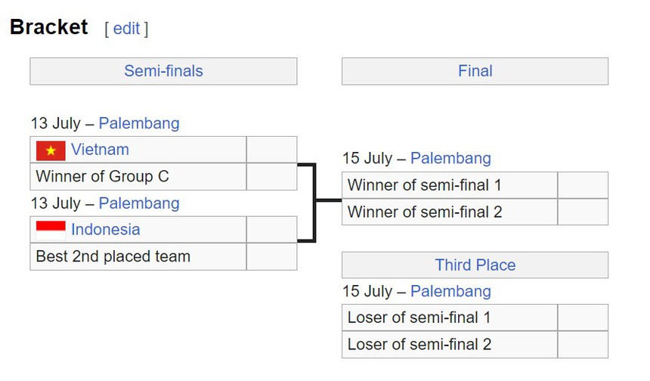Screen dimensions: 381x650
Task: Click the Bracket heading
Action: point(49,28)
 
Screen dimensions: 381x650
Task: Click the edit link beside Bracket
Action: point(126,29)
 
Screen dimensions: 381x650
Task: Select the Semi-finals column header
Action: point(163,71)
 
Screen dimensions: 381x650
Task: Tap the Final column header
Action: point(475,71)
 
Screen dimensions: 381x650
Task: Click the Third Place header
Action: point(475,265)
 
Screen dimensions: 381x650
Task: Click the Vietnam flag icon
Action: point(51,150)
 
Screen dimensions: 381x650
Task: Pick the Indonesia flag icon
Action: point(51,230)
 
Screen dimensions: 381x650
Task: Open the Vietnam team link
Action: point(100,150)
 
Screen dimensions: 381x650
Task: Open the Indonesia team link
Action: point(105,229)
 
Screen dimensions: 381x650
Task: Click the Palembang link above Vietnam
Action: point(139,123)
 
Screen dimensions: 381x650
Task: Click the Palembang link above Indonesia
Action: point(139,203)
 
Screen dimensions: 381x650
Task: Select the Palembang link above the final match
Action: point(450,159)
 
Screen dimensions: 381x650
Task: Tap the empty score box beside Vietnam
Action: point(271,150)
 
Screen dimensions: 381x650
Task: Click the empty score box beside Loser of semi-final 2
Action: point(582,345)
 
